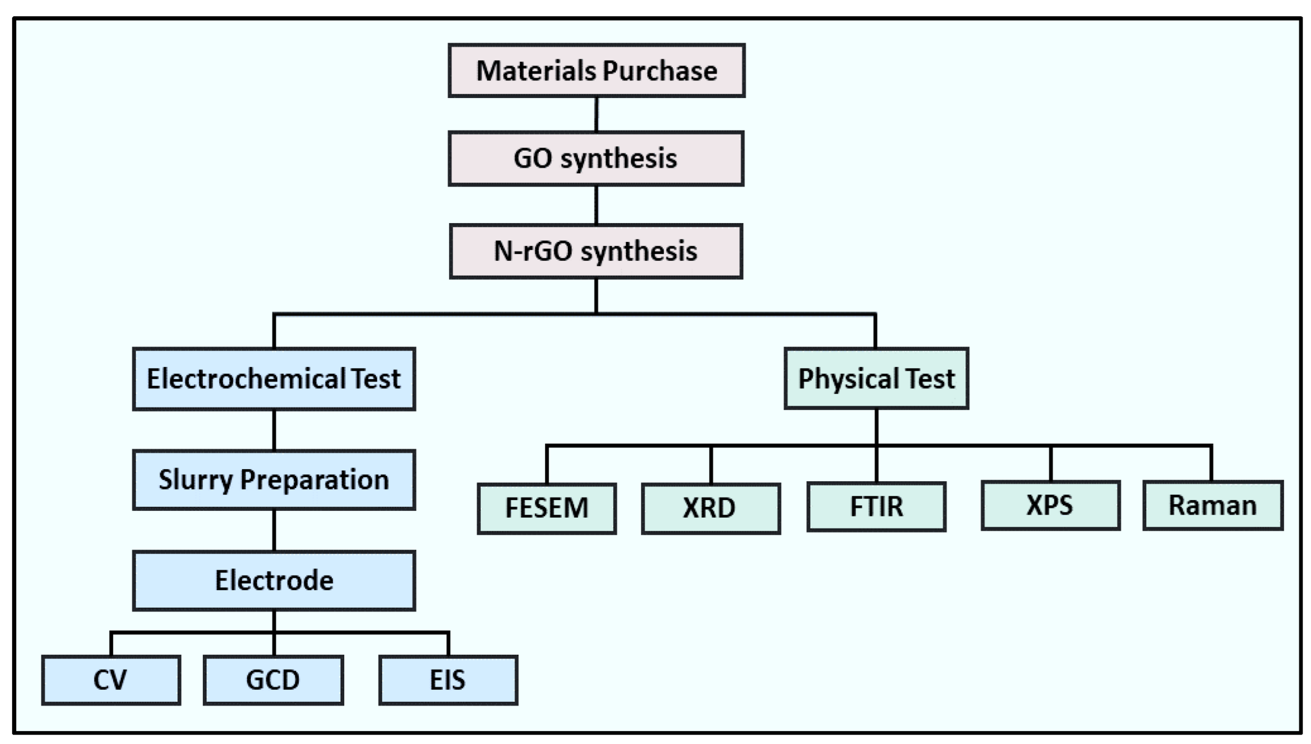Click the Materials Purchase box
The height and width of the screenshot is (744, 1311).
click(596, 70)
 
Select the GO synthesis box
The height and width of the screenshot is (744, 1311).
click(596, 158)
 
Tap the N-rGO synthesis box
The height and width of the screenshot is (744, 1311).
click(596, 251)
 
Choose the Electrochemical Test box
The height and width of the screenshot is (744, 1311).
click(274, 379)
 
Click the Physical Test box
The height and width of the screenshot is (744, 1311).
click(876, 379)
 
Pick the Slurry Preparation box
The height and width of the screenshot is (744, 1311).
click(274, 480)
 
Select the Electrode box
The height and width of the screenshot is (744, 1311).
click(274, 580)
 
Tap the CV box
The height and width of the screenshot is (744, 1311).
click(111, 680)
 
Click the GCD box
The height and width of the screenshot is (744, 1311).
click(273, 680)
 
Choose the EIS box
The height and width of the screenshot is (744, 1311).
click(448, 680)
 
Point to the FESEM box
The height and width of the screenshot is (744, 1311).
click(547, 508)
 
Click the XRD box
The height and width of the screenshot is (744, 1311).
click(710, 508)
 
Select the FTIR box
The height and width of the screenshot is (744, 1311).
click(876, 506)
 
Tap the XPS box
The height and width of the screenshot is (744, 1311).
click(1050, 505)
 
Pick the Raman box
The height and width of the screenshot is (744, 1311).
click(1213, 505)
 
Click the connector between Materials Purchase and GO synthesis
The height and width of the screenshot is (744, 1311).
click(596, 114)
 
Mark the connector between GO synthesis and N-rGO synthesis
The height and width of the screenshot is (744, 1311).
click(596, 205)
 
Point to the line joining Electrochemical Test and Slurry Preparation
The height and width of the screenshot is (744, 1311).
click(274, 430)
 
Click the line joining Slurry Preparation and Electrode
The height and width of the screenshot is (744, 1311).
click(274, 530)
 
